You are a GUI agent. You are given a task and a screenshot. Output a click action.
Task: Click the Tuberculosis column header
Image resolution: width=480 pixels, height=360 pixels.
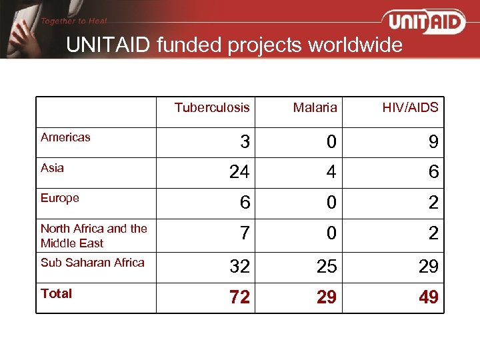coord(212,107)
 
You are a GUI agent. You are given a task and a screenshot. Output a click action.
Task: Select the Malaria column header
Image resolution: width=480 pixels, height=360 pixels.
coord(315,107)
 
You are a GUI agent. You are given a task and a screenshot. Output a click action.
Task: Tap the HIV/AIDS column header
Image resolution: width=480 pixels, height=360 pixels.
coord(410,107)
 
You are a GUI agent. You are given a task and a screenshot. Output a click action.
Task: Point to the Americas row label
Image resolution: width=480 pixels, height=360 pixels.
coord(65,137)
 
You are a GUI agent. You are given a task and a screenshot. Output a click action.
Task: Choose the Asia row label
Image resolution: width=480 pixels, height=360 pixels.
coord(52,168)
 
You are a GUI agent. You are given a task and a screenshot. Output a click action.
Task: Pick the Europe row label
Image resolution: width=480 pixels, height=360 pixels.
coord(60,198)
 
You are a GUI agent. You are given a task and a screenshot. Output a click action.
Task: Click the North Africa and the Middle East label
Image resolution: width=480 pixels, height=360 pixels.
coord(93,236)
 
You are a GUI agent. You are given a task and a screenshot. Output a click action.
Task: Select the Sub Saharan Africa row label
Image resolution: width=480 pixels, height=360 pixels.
coord(92,263)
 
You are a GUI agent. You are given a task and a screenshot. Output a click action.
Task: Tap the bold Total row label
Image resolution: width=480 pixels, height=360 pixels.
coord(56,293)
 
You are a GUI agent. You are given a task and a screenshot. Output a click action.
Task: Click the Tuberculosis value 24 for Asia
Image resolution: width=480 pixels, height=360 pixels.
coord(239,173)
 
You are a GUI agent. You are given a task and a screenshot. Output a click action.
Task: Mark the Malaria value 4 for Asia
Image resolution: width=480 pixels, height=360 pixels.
coord(331,173)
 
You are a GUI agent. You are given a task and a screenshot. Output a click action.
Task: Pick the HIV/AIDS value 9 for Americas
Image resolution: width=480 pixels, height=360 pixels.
coord(433,142)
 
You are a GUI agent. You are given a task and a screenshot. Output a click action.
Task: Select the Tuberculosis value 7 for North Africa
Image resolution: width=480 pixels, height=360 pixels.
coord(245,234)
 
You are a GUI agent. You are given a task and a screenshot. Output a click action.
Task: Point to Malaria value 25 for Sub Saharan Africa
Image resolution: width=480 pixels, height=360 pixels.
coord(326,267)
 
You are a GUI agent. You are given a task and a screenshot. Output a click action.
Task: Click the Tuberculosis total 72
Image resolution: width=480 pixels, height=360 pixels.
coord(239,297)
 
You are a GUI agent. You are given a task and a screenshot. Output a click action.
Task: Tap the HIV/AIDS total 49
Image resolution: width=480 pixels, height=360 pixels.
coord(429,297)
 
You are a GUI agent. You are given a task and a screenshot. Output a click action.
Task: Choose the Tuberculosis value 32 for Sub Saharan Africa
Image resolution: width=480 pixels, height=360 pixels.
coord(239,267)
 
